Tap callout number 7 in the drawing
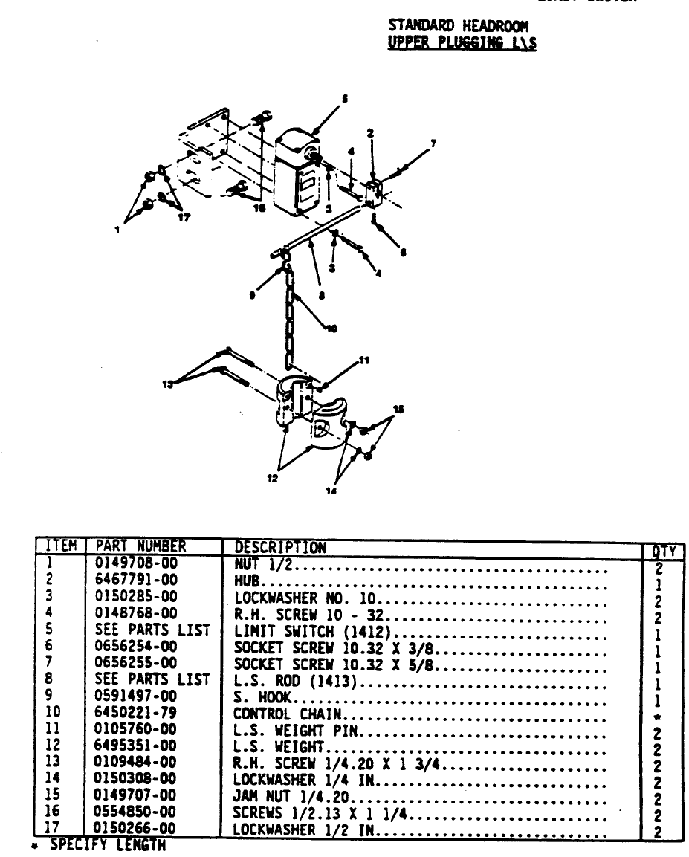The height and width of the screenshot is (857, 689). click(x=434, y=141)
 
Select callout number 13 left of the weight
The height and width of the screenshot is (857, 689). click(x=167, y=383)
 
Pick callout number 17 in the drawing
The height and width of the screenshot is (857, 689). click(x=181, y=219)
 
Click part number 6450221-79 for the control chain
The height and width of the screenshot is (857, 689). click(x=136, y=712)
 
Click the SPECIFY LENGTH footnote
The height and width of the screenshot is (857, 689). click(x=104, y=844)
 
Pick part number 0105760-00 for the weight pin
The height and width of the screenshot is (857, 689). click(x=136, y=728)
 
